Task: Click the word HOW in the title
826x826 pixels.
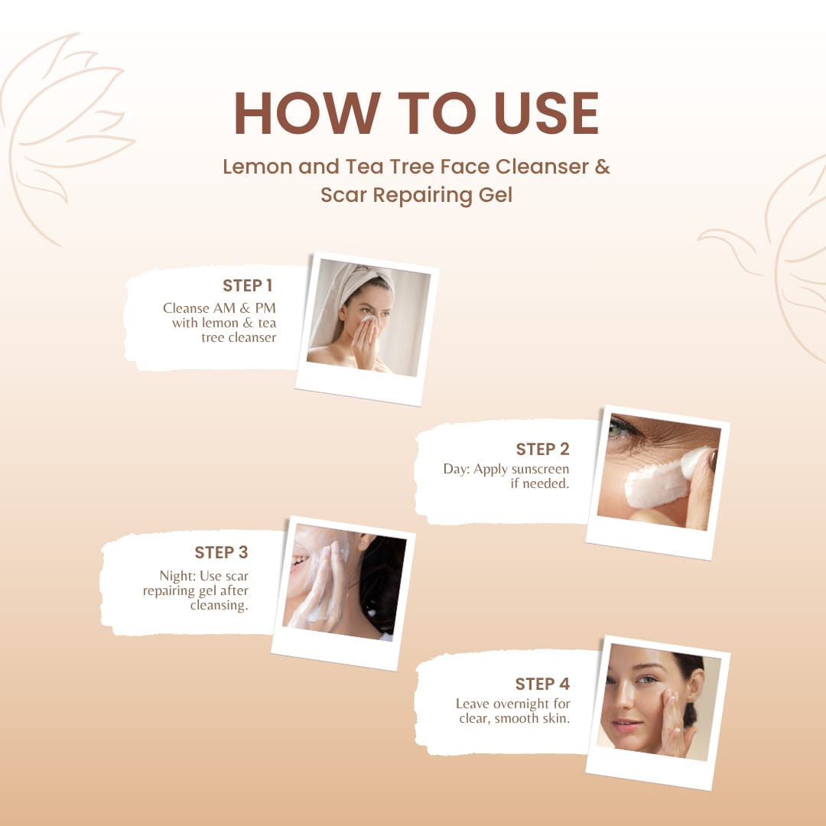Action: point(307,112)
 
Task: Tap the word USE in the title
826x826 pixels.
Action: point(547,112)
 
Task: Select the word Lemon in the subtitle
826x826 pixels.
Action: point(257,167)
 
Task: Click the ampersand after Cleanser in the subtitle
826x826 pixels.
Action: point(603,167)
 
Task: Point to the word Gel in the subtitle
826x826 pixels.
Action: point(495,196)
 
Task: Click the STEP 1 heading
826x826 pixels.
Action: point(247,285)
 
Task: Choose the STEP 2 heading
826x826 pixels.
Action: point(542,449)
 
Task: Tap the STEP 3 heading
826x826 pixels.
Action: point(221,552)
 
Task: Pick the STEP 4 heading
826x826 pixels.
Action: point(542,684)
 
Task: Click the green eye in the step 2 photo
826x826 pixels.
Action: point(616,431)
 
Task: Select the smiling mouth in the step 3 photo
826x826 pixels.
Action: point(299,561)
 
